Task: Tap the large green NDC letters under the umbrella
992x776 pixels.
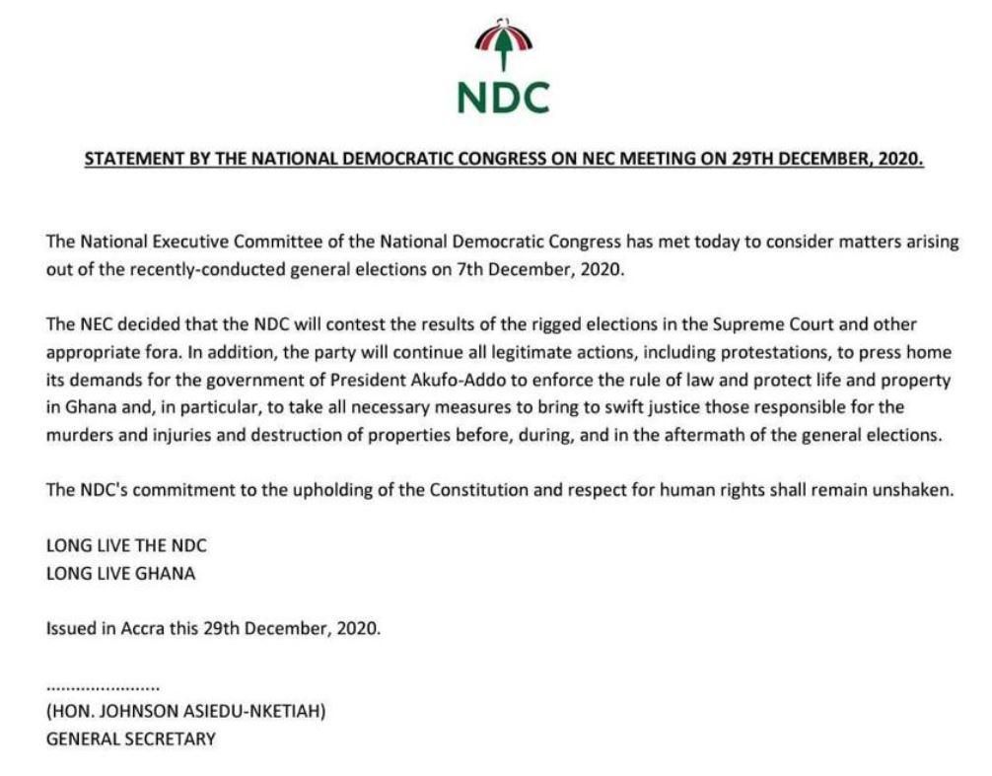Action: click(x=503, y=96)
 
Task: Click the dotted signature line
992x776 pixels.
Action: click(x=103, y=684)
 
